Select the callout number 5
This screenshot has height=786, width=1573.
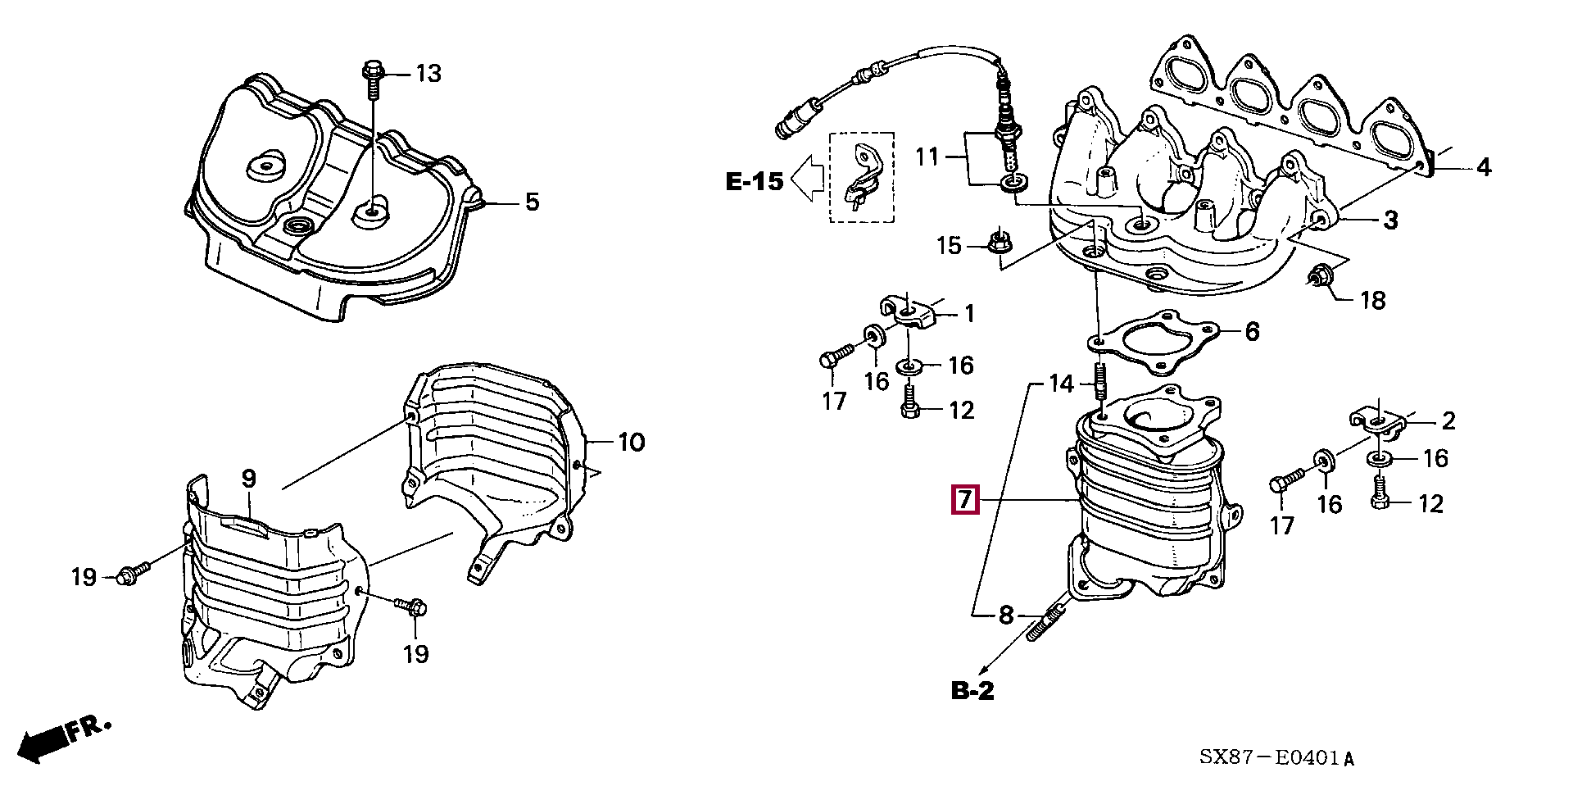tap(533, 202)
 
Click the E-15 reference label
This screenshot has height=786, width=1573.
tap(755, 181)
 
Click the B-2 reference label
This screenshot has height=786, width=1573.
tap(972, 691)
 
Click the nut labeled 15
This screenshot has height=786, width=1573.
tap(996, 242)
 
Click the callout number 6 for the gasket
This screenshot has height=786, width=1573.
tap(1252, 332)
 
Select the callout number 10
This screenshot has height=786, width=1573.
tap(631, 443)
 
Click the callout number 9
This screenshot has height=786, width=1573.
tap(249, 479)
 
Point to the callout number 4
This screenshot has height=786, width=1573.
tap(1484, 168)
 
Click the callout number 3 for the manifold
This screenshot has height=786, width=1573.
tap(1390, 220)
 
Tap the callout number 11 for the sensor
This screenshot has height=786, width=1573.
tap(927, 156)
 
